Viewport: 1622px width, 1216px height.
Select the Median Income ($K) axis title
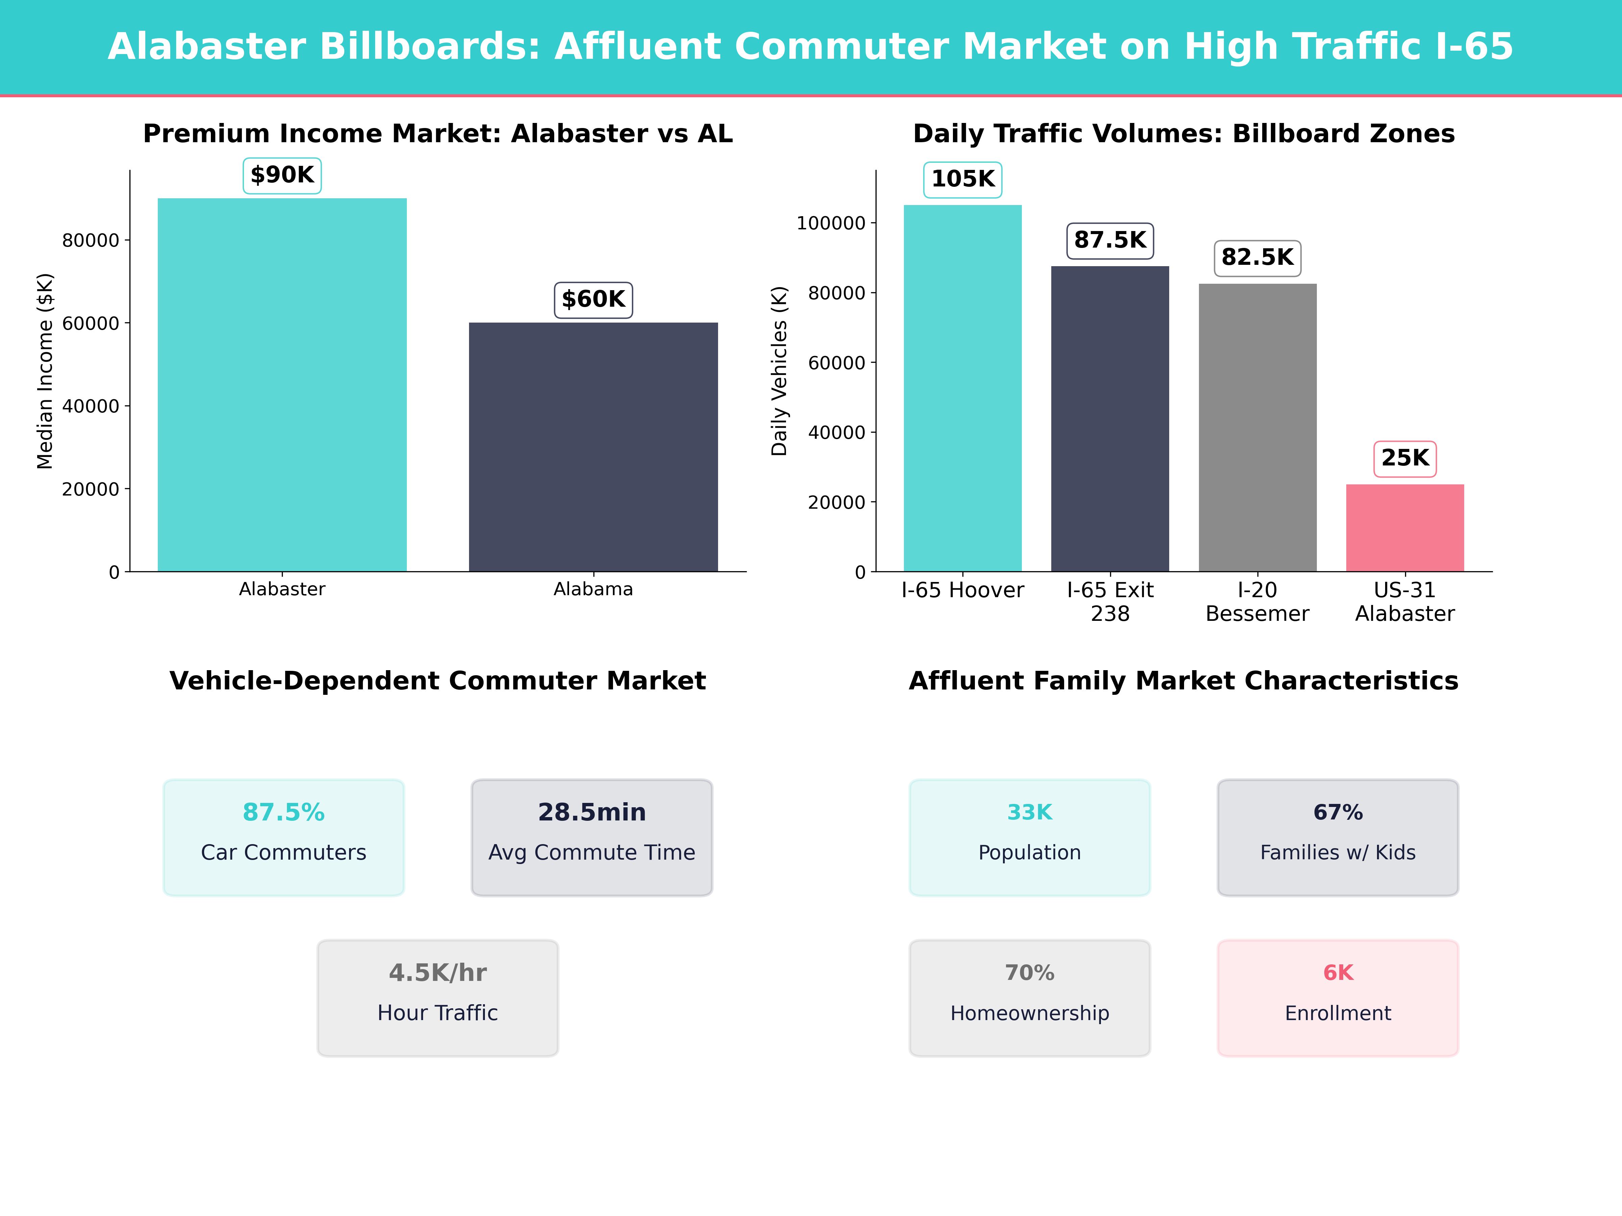(46, 371)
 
